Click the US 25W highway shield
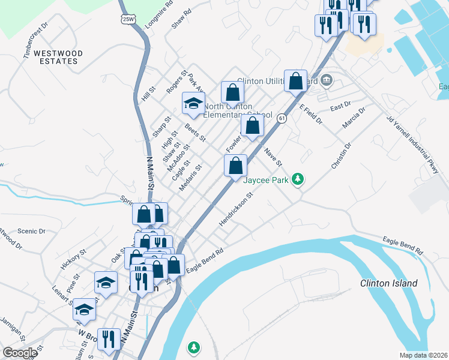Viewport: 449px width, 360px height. pos(128,19)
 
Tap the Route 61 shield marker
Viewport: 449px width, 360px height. pos(281,119)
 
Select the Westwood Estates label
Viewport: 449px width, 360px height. pos(58,57)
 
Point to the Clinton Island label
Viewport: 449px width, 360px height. pos(388,283)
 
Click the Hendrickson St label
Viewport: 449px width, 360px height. pos(237,209)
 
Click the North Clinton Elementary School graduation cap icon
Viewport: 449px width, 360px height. pos(194,103)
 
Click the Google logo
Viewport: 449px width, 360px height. pos(20,353)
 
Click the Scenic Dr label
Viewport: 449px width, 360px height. pos(32,231)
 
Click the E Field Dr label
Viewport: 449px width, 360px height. pos(311,114)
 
